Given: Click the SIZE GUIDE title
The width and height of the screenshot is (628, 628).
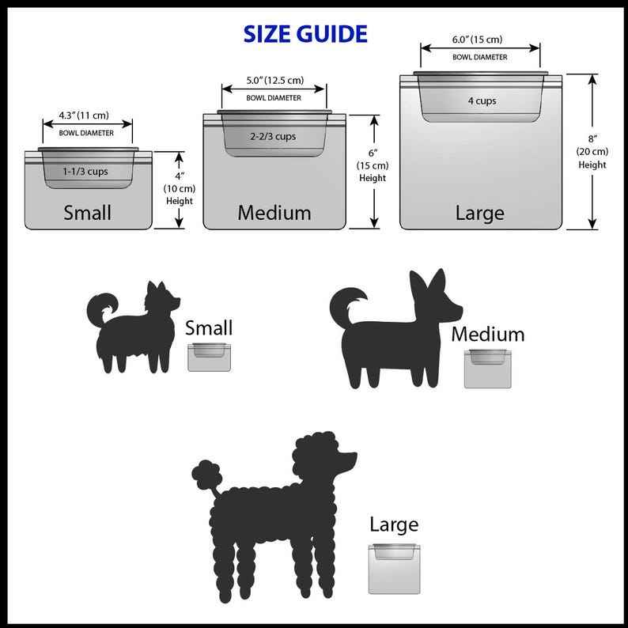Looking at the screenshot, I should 305,34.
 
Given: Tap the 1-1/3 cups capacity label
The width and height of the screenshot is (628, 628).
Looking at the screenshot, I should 85,171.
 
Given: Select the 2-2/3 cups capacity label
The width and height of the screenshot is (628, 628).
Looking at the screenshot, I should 273,136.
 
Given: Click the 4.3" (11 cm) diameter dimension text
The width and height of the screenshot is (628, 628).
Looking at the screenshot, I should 84,115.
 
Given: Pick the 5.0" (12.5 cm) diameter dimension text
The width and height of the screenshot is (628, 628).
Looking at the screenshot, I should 274,80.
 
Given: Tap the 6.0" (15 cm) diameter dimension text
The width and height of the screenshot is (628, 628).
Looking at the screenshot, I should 477,40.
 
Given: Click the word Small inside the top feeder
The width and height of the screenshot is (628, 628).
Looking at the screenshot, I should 87,213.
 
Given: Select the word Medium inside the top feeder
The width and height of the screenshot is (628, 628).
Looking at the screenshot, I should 274,212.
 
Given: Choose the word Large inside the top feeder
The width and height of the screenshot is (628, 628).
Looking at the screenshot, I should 479,213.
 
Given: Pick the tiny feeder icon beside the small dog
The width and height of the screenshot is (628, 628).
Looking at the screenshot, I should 209,358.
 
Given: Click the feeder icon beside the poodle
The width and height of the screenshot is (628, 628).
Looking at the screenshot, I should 392,568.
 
